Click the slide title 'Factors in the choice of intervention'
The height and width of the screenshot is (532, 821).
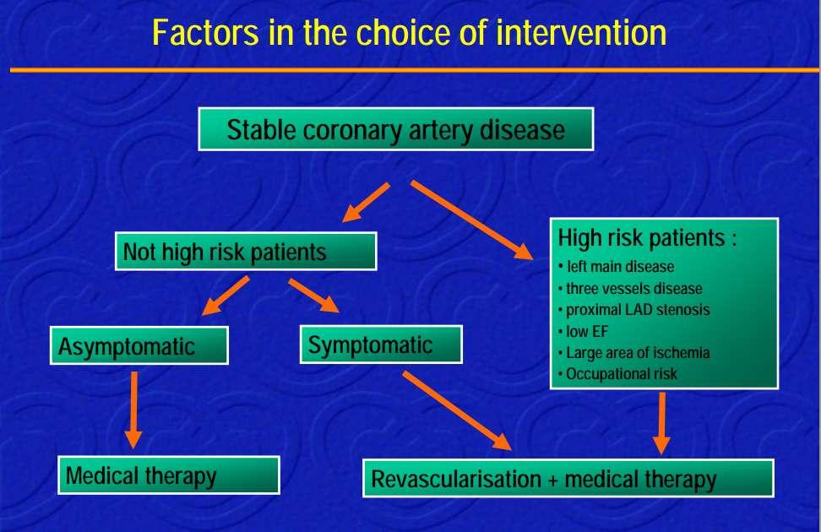(409, 32)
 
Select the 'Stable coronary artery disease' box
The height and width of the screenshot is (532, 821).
(396, 129)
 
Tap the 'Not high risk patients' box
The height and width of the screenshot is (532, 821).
(246, 252)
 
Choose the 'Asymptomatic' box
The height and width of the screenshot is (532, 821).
(139, 345)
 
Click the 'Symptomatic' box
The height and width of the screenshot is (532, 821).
(381, 345)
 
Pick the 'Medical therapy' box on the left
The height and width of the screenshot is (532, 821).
(169, 475)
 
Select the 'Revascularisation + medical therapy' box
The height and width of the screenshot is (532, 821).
(568, 479)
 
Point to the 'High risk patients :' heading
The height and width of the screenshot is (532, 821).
(647, 238)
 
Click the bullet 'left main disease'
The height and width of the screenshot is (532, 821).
(616, 267)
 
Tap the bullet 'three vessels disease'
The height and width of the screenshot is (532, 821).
(630, 288)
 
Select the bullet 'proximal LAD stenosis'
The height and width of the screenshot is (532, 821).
(633, 309)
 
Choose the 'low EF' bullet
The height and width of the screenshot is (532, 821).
(583, 331)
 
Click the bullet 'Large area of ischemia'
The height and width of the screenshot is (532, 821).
(633, 352)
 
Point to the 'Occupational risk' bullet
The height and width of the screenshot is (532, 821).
(617, 374)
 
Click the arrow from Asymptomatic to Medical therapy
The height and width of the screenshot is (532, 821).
(134, 410)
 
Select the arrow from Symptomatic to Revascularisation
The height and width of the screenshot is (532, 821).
(457, 410)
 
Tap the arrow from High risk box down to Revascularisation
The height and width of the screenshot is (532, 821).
(662, 423)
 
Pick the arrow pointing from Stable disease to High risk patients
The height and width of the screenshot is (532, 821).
(472, 220)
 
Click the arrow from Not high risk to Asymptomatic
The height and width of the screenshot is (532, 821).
(226, 296)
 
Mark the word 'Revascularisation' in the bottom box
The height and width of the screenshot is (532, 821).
(456, 479)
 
